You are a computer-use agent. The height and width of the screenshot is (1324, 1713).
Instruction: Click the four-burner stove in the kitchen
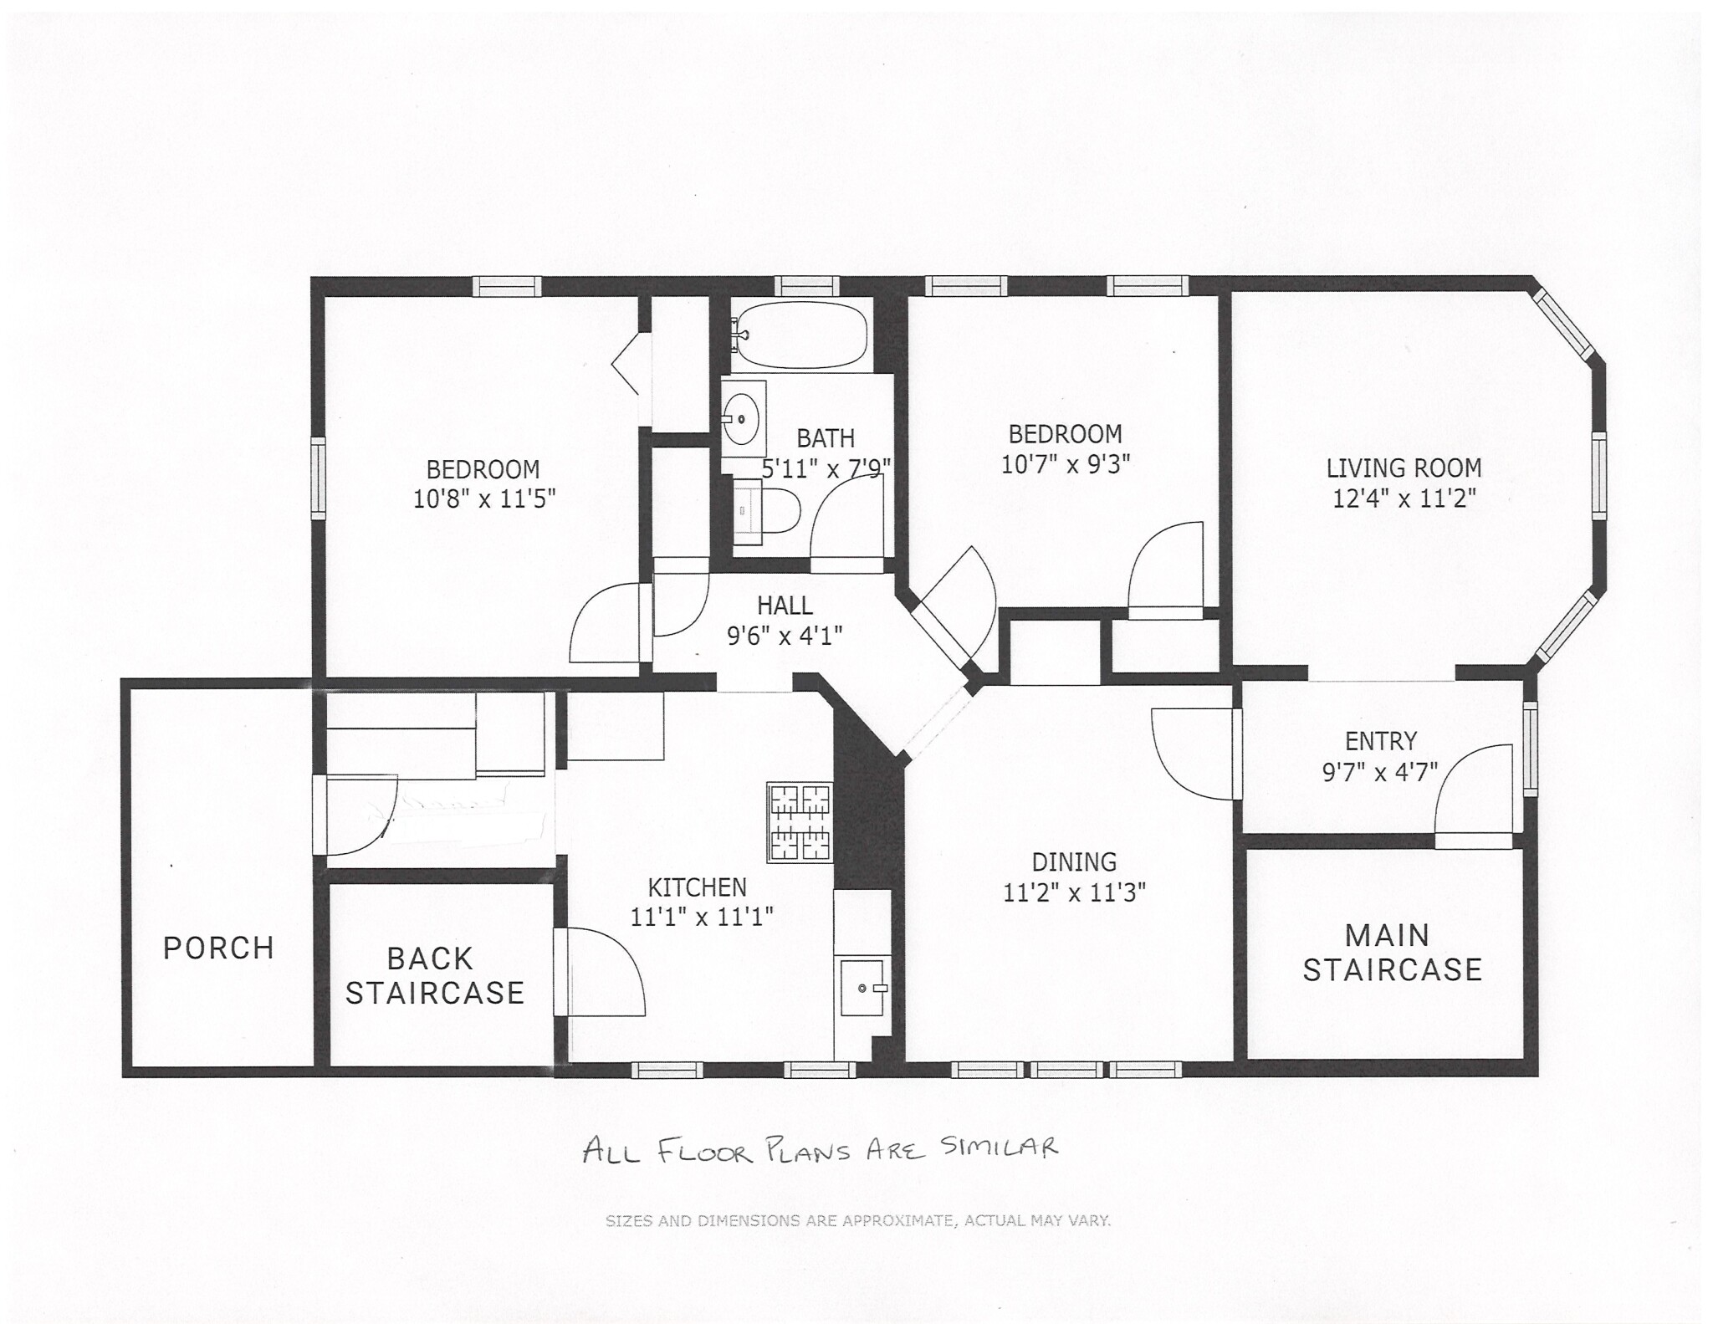coord(800,822)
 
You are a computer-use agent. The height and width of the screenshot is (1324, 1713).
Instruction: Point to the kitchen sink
coord(862,988)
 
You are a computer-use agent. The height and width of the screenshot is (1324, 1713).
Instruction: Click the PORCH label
coord(218,948)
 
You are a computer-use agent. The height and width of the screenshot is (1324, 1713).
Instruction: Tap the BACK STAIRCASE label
coord(434,975)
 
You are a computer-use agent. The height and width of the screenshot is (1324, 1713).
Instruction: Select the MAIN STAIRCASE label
coord(1391,953)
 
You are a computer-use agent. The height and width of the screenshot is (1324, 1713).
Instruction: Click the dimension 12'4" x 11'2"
coord(1404,498)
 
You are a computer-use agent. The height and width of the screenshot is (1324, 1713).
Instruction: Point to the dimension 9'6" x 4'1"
coord(784,636)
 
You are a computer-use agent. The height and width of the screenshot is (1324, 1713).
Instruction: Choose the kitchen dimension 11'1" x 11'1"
coord(700,918)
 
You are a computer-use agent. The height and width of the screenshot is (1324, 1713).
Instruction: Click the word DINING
coord(1073,861)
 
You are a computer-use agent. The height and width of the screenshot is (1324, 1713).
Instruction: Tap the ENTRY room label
coord(1380,741)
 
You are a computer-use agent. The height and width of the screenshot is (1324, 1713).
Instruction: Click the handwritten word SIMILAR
coord(999,1147)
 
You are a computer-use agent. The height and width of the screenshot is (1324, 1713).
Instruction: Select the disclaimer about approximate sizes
coord(857,1221)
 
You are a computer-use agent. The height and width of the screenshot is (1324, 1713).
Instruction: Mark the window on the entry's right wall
coord(1530,748)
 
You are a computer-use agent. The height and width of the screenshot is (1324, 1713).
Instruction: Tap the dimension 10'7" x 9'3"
coord(1065,463)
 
